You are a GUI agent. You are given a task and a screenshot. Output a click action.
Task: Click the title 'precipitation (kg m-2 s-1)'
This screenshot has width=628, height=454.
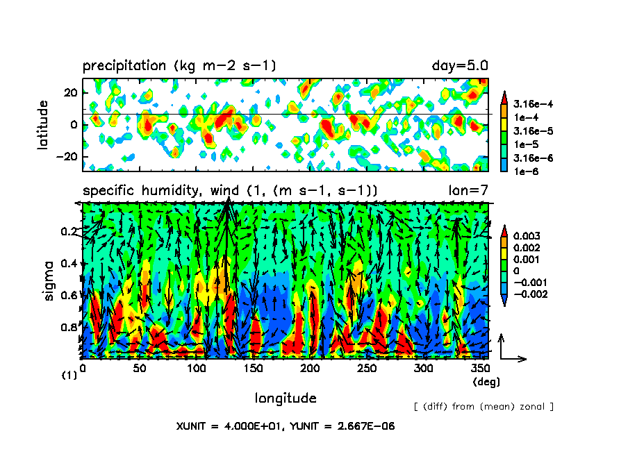point(179,67)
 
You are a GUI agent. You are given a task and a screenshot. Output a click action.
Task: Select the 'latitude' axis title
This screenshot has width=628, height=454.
point(44,124)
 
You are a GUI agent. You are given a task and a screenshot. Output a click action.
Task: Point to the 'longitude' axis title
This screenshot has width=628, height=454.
point(286,398)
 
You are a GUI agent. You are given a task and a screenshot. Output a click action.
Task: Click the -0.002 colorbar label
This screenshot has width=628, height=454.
point(529,294)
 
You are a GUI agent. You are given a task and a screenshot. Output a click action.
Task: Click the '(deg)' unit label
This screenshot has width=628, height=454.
point(486,382)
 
